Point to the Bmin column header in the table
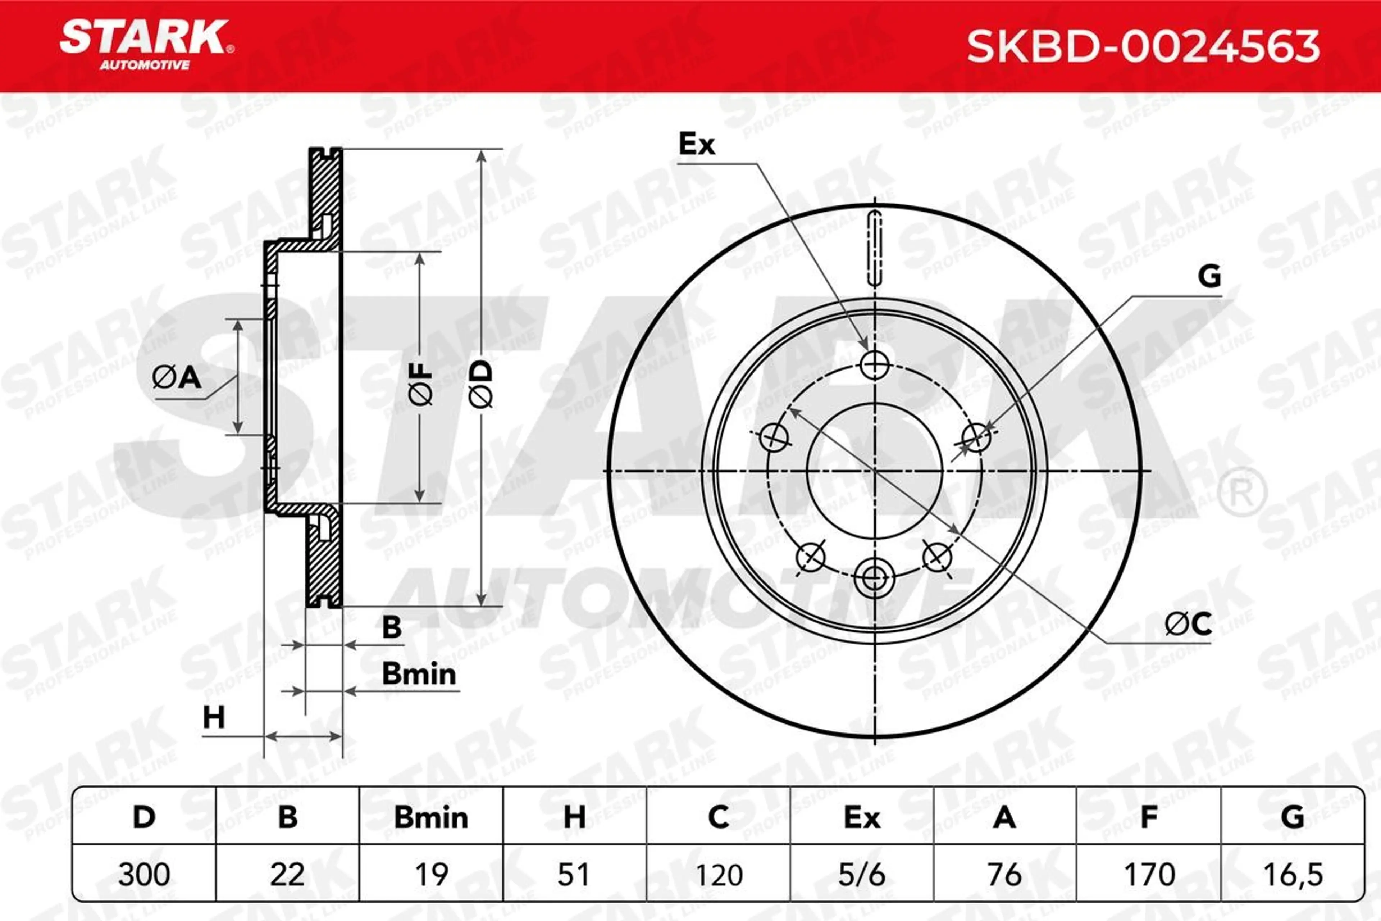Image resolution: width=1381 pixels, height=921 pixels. (431, 818)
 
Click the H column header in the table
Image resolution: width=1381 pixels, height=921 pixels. (574, 818)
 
